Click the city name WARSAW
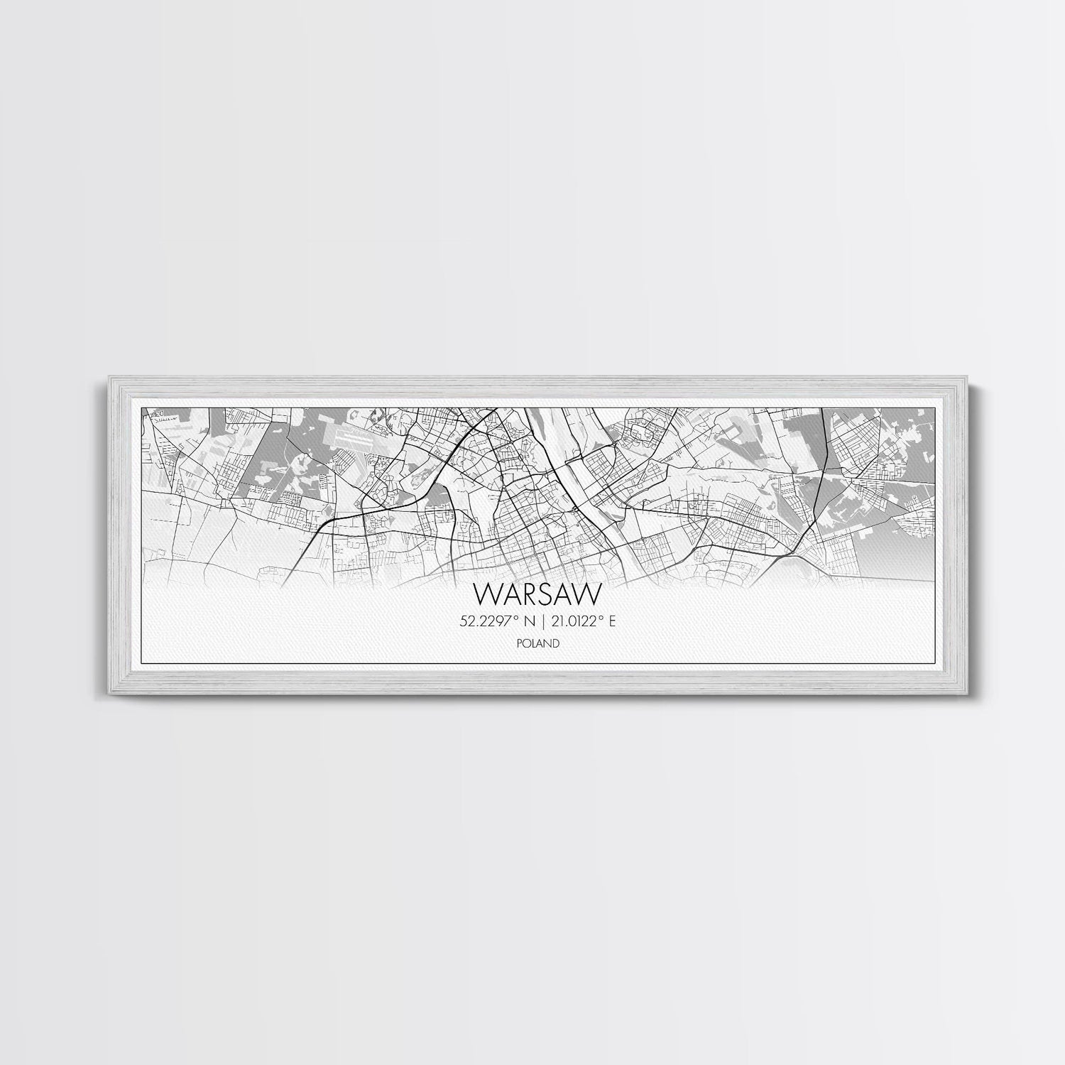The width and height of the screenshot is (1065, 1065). point(532,593)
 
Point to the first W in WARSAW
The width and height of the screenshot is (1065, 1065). point(485,593)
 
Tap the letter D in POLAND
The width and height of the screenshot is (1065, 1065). point(557,644)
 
